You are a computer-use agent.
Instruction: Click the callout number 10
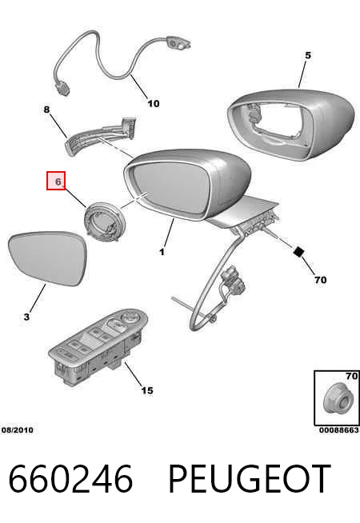154,104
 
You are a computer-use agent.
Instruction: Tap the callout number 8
46,109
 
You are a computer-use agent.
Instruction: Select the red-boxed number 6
56,181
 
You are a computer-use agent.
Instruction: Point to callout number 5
308,55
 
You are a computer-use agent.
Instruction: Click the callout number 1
162,252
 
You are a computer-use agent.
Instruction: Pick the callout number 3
26,317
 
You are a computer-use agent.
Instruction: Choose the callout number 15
147,390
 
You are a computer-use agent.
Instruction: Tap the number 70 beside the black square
320,280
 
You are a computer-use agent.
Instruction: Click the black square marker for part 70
298,251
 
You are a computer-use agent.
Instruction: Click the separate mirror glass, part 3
48,259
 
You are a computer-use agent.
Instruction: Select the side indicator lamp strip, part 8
100,135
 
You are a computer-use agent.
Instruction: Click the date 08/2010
18,430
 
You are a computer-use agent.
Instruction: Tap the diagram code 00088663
339,430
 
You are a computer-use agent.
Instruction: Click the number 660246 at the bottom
70,479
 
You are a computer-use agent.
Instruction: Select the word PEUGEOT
250,479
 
